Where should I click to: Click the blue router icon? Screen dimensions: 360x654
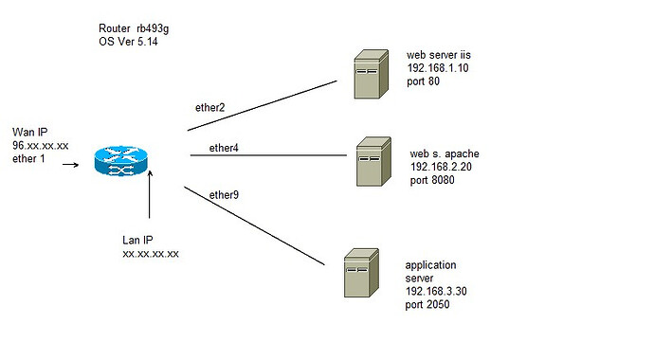point(122,162)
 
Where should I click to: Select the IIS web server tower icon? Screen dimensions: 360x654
point(367,77)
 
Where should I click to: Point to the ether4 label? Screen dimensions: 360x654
point(224,148)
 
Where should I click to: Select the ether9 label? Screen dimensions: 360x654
point(224,194)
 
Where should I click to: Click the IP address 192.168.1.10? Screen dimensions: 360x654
point(437,68)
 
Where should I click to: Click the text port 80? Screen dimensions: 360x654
point(424,81)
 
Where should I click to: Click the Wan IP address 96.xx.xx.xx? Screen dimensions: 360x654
point(40,147)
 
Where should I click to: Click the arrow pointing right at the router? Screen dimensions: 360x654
point(70,162)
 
